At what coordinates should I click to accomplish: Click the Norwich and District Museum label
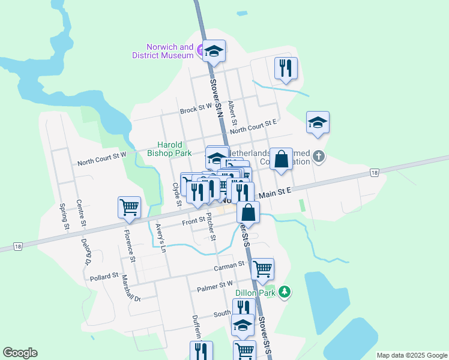click(x=163, y=51)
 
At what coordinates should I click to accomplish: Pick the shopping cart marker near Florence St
click(x=130, y=207)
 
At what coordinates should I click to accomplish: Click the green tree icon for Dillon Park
click(x=285, y=292)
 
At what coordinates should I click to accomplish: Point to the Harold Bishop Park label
click(x=169, y=149)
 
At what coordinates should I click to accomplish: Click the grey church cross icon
click(x=319, y=158)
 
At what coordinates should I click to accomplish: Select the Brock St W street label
click(x=196, y=110)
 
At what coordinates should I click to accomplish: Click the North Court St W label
click(x=101, y=158)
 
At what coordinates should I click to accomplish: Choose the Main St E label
click(x=274, y=192)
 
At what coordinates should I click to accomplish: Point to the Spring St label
click(x=62, y=216)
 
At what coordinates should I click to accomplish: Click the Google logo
click(x=20, y=353)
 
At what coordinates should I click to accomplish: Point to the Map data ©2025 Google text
click(x=411, y=355)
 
